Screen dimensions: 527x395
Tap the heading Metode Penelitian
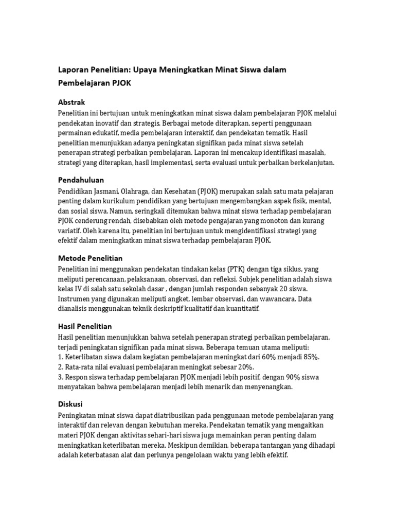90,258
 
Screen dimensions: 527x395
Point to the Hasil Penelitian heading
85,326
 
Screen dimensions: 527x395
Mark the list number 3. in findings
61,377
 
